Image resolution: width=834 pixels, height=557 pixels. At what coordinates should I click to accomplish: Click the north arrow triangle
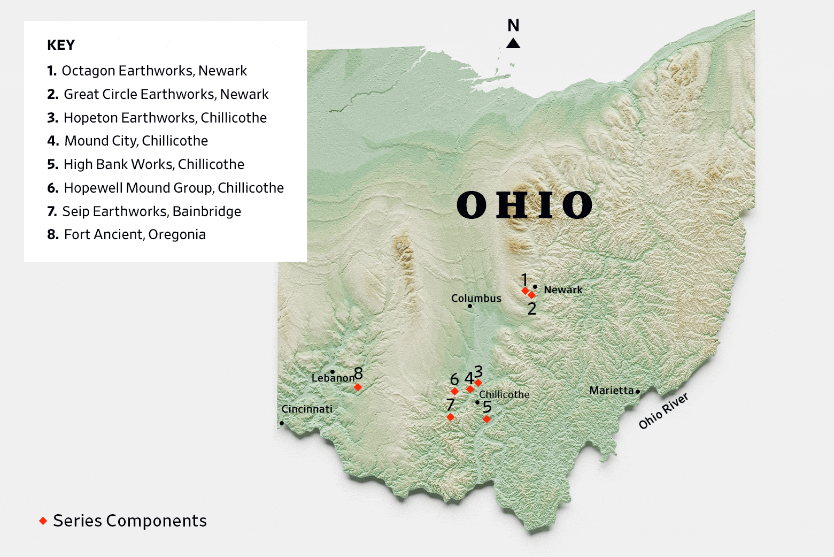point(513,43)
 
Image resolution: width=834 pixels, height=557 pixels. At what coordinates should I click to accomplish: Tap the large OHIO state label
point(524,205)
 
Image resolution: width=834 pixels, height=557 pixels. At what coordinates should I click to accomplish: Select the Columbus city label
point(476,298)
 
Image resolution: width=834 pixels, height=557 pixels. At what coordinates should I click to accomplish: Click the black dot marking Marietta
point(638,392)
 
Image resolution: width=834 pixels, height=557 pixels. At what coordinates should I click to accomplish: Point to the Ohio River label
point(663,411)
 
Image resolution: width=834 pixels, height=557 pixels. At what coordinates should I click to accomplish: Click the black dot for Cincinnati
point(282,423)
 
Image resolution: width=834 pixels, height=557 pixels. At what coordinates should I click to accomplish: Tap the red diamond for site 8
point(358,387)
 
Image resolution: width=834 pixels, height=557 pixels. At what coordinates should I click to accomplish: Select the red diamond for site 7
point(450,417)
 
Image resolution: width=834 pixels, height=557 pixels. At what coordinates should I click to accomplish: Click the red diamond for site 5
point(486,419)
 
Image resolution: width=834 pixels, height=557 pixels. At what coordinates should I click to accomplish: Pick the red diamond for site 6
point(454,392)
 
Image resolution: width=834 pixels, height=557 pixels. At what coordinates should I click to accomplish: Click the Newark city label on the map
point(563,289)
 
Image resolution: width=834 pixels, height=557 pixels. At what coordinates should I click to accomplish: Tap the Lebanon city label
point(333,378)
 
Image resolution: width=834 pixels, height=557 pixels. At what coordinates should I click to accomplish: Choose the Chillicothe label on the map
point(504,394)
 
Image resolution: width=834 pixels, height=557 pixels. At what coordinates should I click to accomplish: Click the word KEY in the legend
point(61,45)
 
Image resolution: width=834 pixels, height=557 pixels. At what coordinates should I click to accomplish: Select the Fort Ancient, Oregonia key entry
point(127,234)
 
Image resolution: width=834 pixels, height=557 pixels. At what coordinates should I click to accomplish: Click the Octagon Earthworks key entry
point(147,71)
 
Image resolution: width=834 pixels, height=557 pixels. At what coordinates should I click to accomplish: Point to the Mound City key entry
point(128,141)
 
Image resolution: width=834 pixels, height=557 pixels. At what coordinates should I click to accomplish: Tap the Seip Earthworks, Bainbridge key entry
point(144,211)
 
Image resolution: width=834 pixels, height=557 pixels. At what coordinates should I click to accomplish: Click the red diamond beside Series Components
point(43,521)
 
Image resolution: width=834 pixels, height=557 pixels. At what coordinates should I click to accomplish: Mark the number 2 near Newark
point(531,309)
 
